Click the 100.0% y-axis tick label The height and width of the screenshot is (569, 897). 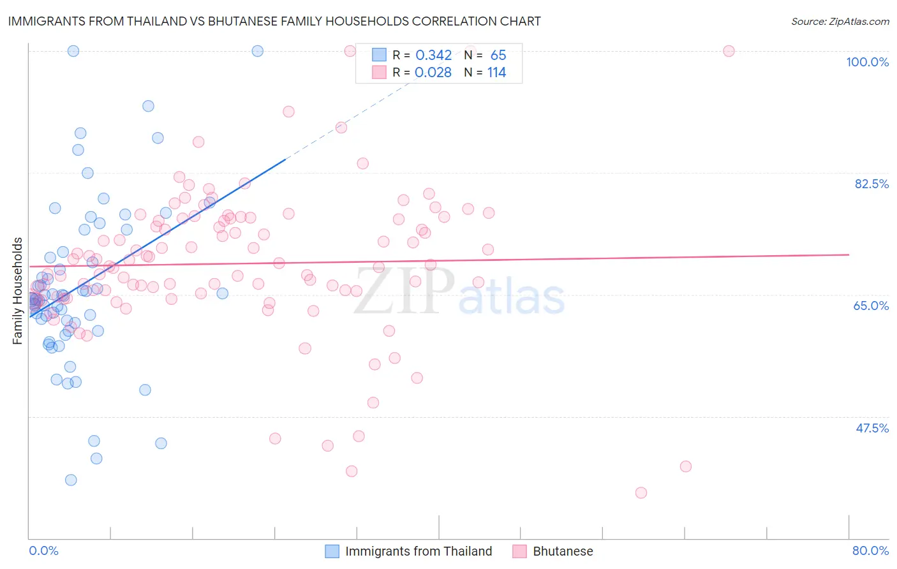pyautogui.click(x=867, y=62)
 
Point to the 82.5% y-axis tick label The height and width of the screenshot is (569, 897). pyautogui.click(x=871, y=184)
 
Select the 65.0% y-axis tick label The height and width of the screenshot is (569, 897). pyautogui.click(x=871, y=306)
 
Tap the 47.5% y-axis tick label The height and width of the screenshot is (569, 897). pyautogui.click(x=871, y=428)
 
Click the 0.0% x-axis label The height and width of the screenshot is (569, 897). pyautogui.click(x=43, y=551)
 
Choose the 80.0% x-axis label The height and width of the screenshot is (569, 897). pyautogui.click(x=870, y=551)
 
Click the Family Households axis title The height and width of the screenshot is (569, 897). pyautogui.click(x=18, y=291)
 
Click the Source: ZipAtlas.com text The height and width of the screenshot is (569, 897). pyautogui.click(x=840, y=22)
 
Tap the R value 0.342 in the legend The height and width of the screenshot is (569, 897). pyautogui.click(x=433, y=55)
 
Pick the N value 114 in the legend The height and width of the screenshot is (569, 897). pyautogui.click(x=496, y=73)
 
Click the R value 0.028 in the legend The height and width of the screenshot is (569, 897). pyautogui.click(x=433, y=73)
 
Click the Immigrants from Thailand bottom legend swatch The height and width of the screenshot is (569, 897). pyautogui.click(x=332, y=551)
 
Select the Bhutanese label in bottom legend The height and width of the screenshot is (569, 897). pyautogui.click(x=563, y=551)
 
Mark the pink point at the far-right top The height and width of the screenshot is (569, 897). pyautogui.click(x=729, y=51)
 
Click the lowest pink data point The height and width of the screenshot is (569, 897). pyautogui.click(x=641, y=492)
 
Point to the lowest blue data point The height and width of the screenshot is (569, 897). pyautogui.click(x=71, y=480)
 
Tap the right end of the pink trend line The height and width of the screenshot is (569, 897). pyautogui.click(x=849, y=255)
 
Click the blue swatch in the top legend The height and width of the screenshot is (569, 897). pyautogui.click(x=379, y=55)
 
